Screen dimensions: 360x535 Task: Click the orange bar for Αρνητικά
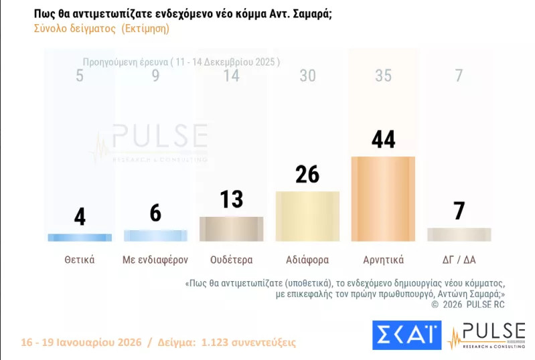(383, 199)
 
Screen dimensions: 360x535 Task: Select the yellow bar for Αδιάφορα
(307, 216)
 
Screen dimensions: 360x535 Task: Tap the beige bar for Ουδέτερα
(232, 229)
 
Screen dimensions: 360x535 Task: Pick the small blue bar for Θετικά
(80, 237)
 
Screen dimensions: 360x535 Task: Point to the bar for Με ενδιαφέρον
(155, 236)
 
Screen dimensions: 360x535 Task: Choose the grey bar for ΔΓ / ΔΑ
(459, 234)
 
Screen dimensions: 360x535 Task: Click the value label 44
(383, 140)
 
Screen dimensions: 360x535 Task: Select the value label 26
(307, 175)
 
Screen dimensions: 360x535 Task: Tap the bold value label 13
(232, 199)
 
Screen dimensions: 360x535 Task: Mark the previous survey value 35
(383, 76)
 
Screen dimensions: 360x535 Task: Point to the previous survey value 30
(307, 76)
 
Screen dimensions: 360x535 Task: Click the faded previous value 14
(232, 76)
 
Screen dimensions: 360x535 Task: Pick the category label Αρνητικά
(383, 260)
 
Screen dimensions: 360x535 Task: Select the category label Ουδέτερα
(232, 260)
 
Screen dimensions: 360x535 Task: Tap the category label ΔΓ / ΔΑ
(459, 260)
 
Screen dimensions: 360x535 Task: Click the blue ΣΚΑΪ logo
(406, 335)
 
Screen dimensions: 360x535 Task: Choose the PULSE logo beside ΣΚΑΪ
(486, 335)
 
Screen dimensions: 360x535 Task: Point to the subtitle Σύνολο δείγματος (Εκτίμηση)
(101, 29)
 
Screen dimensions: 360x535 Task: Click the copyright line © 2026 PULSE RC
(468, 304)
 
